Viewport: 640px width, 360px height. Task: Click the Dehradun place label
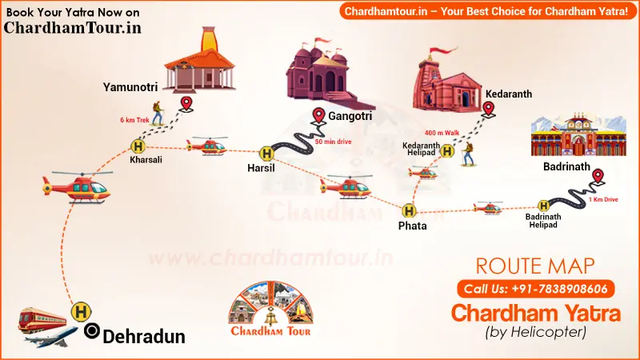click(144, 336)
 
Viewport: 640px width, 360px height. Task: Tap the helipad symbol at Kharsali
click(138, 146)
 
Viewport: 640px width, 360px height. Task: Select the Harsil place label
click(262, 168)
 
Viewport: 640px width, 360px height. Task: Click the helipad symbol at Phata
click(410, 210)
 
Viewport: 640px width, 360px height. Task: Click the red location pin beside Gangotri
click(318, 116)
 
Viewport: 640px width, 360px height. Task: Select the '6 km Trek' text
click(135, 120)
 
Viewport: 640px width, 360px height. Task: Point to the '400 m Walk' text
click(442, 132)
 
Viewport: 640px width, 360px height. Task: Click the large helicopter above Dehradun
click(75, 186)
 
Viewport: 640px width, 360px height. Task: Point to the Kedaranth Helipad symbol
click(447, 150)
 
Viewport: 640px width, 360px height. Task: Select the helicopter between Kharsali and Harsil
click(206, 146)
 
